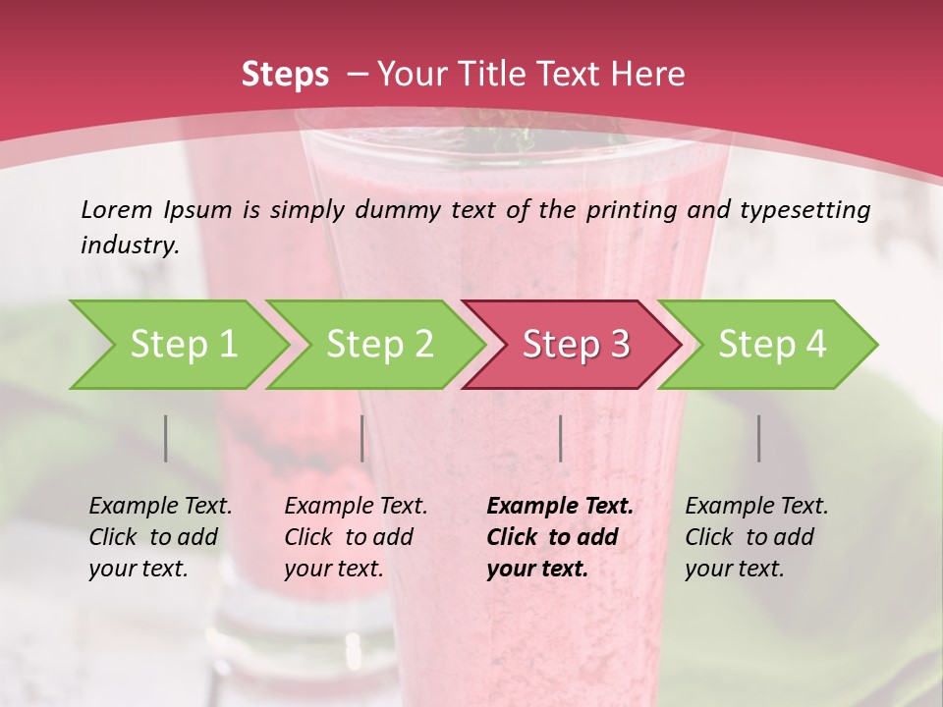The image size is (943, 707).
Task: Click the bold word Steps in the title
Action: [x=285, y=75]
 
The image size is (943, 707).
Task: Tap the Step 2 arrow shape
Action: [x=377, y=345]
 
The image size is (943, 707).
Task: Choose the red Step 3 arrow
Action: [x=574, y=345]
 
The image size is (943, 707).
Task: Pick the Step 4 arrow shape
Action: [x=770, y=345]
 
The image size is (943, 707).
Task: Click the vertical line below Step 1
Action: [x=166, y=438]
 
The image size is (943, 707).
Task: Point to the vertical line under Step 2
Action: [x=362, y=438]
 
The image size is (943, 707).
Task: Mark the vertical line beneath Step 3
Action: [x=560, y=438]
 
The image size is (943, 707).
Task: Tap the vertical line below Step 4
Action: [x=758, y=438]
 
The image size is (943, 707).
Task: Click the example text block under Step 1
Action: [x=160, y=537]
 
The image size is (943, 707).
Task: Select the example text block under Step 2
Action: [x=356, y=537]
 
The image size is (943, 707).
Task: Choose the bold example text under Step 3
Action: [x=560, y=537]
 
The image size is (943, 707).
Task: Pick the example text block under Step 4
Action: [x=756, y=537]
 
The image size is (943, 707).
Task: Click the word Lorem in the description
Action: [x=117, y=210]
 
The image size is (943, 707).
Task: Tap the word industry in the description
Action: [x=129, y=245]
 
